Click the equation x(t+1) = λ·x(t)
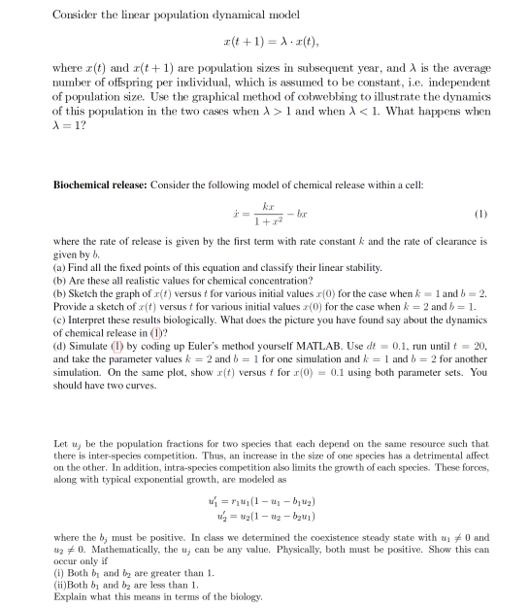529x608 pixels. (264, 43)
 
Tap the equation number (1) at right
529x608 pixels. (480, 213)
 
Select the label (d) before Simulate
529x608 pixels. (59, 346)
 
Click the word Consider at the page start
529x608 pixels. (74, 15)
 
